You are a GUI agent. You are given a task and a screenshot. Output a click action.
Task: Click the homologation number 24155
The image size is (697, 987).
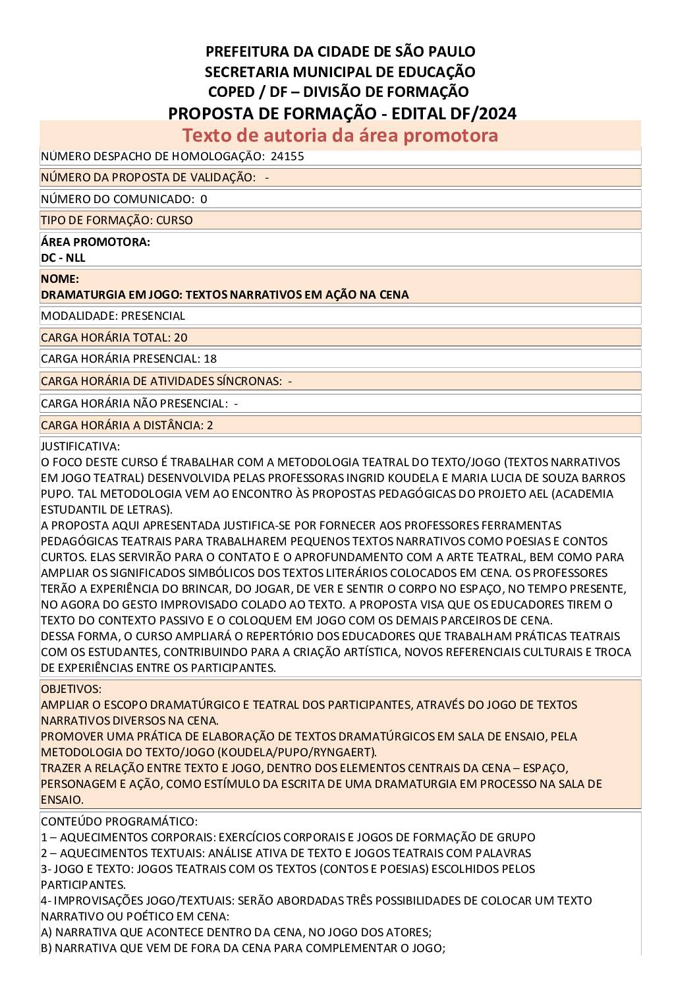coord(287,156)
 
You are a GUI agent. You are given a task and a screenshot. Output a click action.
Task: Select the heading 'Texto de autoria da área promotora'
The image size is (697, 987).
coord(340,135)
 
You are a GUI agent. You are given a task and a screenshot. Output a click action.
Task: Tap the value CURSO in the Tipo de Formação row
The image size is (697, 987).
coord(174,220)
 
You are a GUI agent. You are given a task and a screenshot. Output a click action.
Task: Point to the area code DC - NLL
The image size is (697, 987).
coord(63,258)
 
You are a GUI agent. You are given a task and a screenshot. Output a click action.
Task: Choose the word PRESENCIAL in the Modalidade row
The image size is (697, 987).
coord(153,316)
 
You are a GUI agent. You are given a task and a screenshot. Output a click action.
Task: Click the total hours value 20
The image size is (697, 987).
coord(181,338)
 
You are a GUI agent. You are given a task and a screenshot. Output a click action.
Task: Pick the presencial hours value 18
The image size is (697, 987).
coord(210,359)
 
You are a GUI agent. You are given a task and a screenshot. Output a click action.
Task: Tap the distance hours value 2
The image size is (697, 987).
coord(209,425)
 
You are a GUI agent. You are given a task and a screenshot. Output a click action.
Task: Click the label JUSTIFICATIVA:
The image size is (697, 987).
coord(80,446)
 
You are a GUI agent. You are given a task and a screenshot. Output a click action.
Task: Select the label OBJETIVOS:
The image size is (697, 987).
coord(71,689)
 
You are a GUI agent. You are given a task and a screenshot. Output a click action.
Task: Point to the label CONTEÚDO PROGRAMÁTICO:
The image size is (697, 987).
coord(119,822)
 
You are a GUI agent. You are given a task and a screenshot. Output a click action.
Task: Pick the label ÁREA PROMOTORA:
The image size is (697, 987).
coord(96,242)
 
